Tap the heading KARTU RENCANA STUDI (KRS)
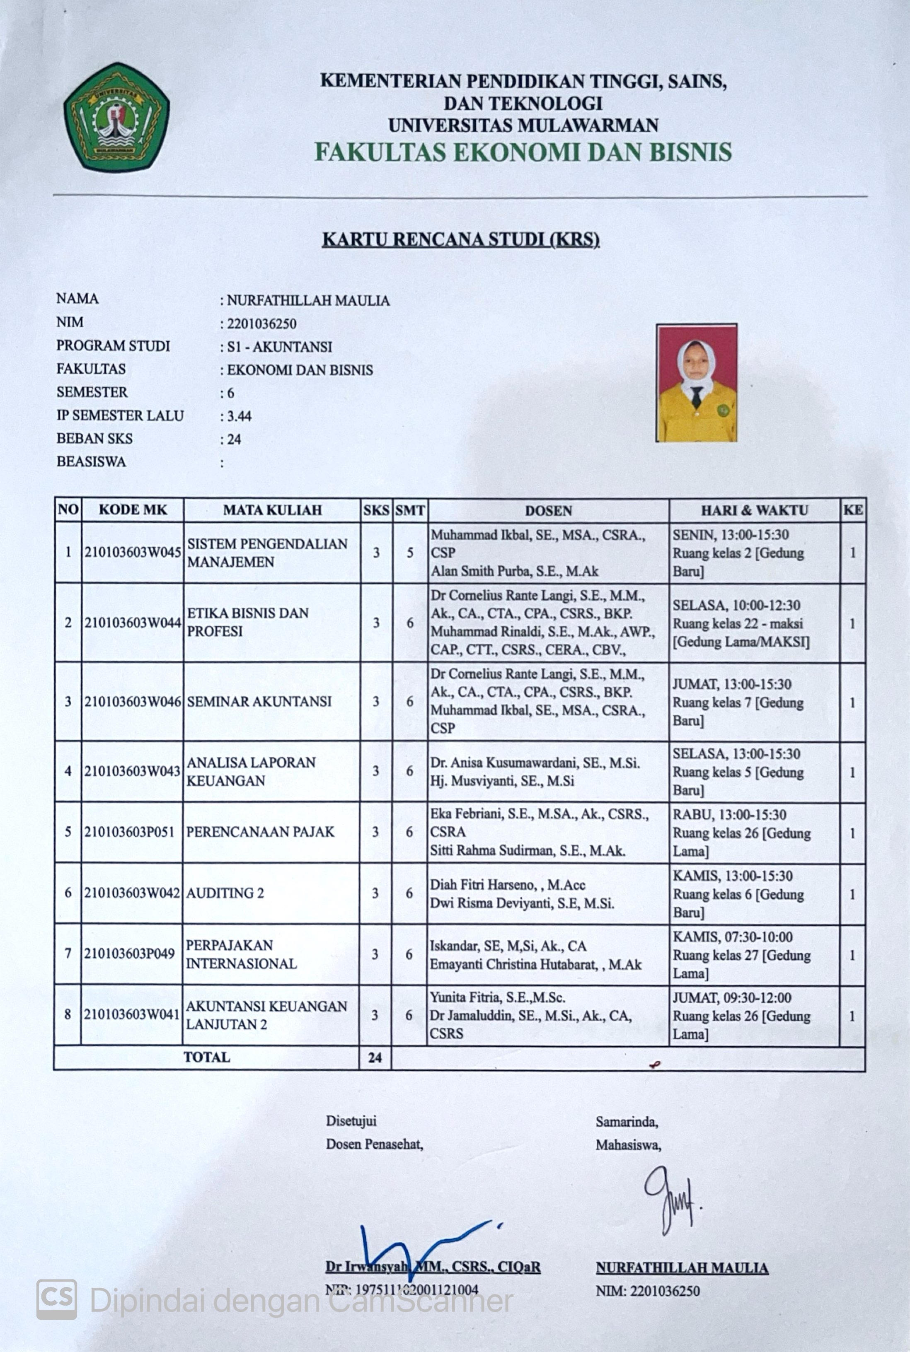click(460, 239)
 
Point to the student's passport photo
click(697, 383)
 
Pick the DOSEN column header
click(548, 510)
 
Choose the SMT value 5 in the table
click(410, 552)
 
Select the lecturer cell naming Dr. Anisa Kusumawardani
click(548, 771)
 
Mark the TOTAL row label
click(207, 1057)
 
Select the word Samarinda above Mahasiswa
click(626, 1122)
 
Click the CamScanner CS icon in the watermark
click(57, 1300)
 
